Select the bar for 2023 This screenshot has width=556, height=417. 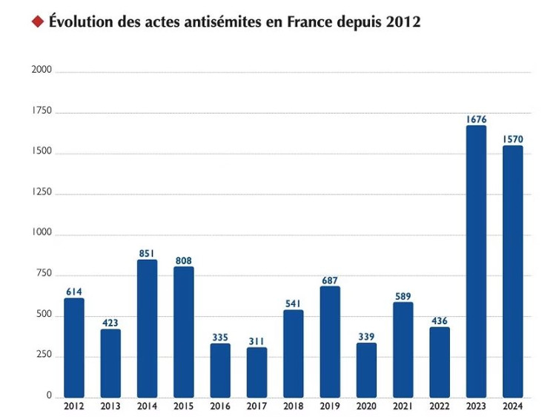pyautogui.click(x=476, y=261)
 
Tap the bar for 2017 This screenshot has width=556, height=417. pyautogui.click(x=257, y=372)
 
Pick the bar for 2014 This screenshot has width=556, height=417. pyautogui.click(x=147, y=329)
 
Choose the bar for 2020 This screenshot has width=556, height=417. pyautogui.click(x=366, y=370)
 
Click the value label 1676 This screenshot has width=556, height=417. pyautogui.click(x=476, y=119)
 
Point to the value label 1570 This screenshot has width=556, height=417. pyautogui.click(x=512, y=139)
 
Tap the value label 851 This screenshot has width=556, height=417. pyautogui.click(x=147, y=253)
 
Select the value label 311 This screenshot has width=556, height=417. pyautogui.click(x=257, y=341)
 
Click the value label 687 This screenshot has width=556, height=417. pyautogui.click(x=330, y=280)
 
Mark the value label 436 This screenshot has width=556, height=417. pyautogui.click(x=439, y=321)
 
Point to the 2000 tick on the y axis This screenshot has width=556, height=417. pyautogui.click(x=42, y=71)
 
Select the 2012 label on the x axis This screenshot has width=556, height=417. pyautogui.click(x=74, y=407)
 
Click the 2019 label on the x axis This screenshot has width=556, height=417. pyautogui.click(x=330, y=407)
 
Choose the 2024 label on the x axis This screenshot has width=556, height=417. pyautogui.click(x=512, y=407)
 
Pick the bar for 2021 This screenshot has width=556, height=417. pyautogui.click(x=403, y=349)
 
